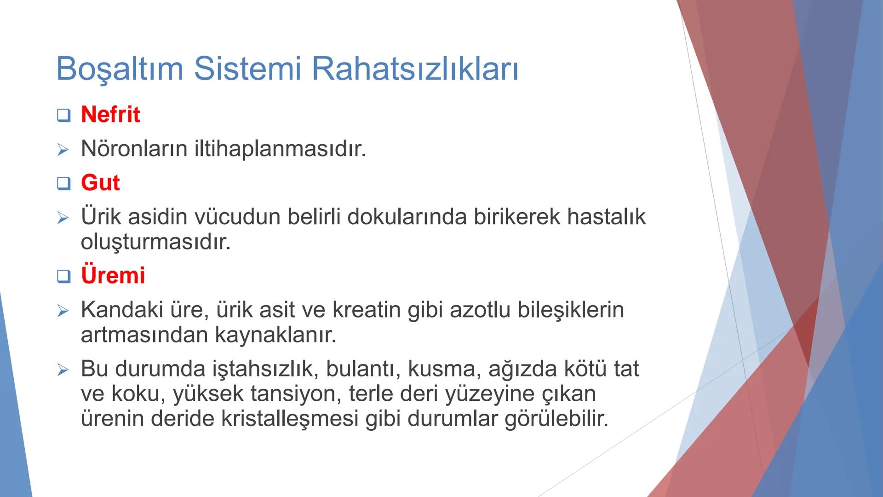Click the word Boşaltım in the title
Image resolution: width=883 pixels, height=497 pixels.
[x=120, y=69]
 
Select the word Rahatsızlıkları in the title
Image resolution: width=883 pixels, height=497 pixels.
[x=415, y=69]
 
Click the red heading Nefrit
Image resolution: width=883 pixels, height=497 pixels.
[x=110, y=114]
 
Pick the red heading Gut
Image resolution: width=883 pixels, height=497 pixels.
[x=100, y=183]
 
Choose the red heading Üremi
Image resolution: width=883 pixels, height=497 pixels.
[x=113, y=275]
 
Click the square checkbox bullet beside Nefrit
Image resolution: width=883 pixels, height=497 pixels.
[x=63, y=115]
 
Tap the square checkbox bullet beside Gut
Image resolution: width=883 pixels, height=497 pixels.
[x=63, y=184]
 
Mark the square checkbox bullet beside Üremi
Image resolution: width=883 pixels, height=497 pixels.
[x=63, y=276]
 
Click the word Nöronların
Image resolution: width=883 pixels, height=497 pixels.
[x=133, y=149]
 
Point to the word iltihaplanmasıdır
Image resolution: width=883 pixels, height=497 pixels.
[x=280, y=149]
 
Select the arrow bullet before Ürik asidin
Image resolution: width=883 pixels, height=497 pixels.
[x=63, y=218]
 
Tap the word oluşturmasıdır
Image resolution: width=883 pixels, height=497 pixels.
[x=155, y=242]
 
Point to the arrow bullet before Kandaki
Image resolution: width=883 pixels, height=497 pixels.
[x=63, y=311]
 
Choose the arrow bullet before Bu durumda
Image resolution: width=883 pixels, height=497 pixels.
[x=63, y=370]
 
